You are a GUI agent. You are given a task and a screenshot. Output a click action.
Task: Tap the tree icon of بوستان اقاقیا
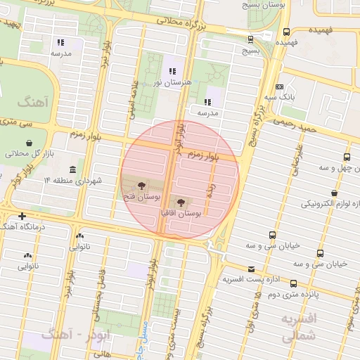pyautogui.click(x=177, y=202)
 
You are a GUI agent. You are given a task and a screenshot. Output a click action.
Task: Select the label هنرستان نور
pyautogui.click(x=168, y=83)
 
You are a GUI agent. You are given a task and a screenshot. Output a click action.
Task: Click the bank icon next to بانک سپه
pyautogui.click(x=280, y=87)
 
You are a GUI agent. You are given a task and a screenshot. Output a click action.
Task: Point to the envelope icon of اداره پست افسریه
pyautogui.click(x=251, y=269)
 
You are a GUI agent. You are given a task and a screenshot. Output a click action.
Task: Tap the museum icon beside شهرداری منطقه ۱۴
pyautogui.click(x=73, y=169)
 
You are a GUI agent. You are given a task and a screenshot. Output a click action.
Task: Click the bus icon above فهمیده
pyautogui.click(x=287, y=32)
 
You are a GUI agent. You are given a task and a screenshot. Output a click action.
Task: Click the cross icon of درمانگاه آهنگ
pyautogui.click(x=22, y=216)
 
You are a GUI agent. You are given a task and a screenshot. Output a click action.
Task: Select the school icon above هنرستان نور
pyautogui.click(x=172, y=71)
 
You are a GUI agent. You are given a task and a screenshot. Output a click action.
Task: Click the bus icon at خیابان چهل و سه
pyautogui.click(x=346, y=157)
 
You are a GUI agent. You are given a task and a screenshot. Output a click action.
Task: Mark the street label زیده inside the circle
pyautogui.click(x=209, y=188)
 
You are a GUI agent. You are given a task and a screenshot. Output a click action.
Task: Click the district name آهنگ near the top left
pyautogui.click(x=30, y=103)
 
